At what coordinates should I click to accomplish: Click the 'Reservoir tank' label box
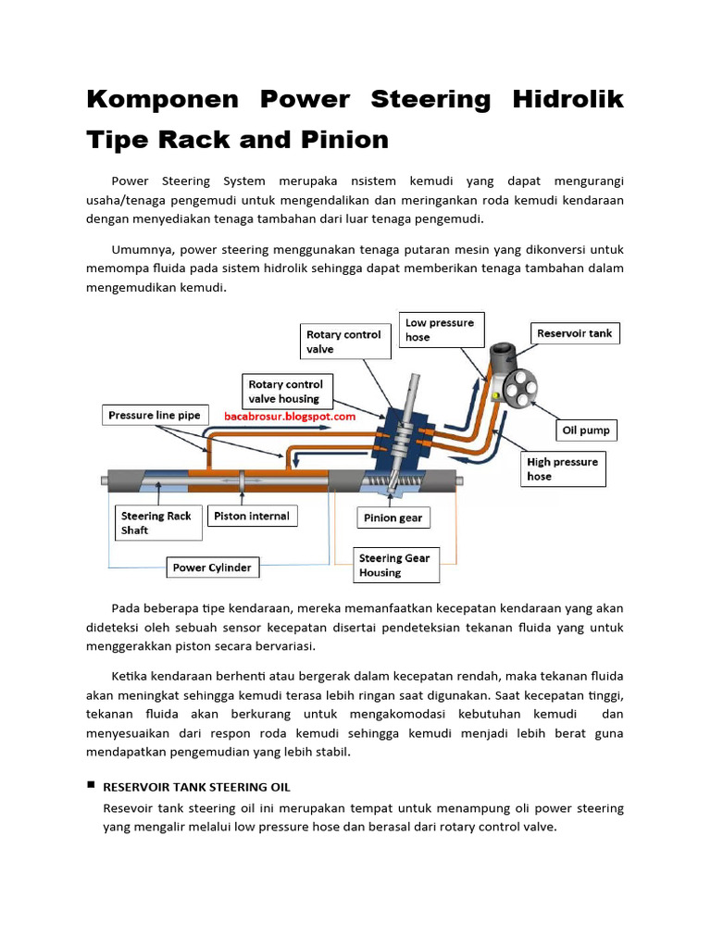[574, 333]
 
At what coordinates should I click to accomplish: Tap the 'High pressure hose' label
[563, 468]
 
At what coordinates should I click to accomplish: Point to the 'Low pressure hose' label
[440, 330]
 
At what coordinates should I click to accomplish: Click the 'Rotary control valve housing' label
[286, 392]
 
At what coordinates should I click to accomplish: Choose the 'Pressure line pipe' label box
[154, 416]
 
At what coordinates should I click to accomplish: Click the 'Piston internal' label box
[252, 517]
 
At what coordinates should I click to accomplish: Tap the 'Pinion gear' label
[393, 518]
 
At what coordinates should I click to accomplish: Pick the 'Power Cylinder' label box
[212, 568]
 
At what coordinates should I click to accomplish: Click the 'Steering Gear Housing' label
[396, 566]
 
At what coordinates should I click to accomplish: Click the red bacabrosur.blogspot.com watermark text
[290, 418]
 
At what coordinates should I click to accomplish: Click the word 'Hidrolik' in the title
[568, 99]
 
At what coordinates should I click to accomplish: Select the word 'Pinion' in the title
[344, 140]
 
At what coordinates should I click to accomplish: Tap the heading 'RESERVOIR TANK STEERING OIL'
[196, 787]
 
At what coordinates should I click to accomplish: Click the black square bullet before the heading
[91, 785]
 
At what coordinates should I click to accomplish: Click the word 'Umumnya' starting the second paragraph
[141, 249]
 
